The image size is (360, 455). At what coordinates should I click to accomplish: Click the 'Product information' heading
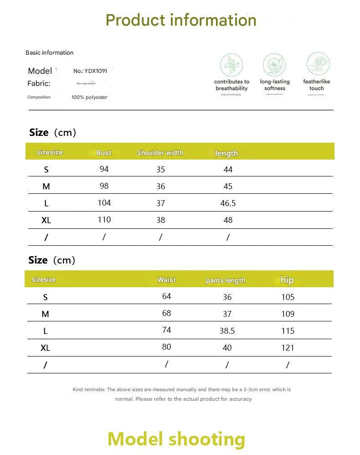click(x=181, y=20)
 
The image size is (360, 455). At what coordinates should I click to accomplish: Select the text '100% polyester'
click(x=89, y=97)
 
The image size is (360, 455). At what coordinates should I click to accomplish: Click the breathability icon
click(x=231, y=65)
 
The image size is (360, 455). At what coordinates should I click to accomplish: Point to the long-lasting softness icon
click(x=274, y=65)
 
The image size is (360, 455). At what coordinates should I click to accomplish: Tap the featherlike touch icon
click(x=318, y=64)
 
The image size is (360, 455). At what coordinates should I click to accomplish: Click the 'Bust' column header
click(x=104, y=153)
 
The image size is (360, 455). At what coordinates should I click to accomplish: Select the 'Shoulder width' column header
click(x=160, y=153)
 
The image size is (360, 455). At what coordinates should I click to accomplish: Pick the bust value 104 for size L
click(x=104, y=203)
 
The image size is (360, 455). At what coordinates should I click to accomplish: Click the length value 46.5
click(x=228, y=203)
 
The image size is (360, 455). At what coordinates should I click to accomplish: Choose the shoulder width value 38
click(x=160, y=220)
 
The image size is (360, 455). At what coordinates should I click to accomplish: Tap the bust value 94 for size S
click(x=104, y=169)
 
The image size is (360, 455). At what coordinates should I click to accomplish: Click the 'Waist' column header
click(x=166, y=280)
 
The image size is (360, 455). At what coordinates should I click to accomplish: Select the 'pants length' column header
click(x=226, y=280)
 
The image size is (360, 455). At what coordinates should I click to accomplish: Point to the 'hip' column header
click(x=287, y=280)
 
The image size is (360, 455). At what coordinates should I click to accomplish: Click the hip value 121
click(x=288, y=348)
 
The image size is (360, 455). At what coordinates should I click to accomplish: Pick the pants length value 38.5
click(x=227, y=331)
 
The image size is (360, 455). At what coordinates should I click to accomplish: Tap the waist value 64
click(x=166, y=296)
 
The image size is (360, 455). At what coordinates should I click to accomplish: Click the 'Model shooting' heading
click(x=176, y=439)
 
